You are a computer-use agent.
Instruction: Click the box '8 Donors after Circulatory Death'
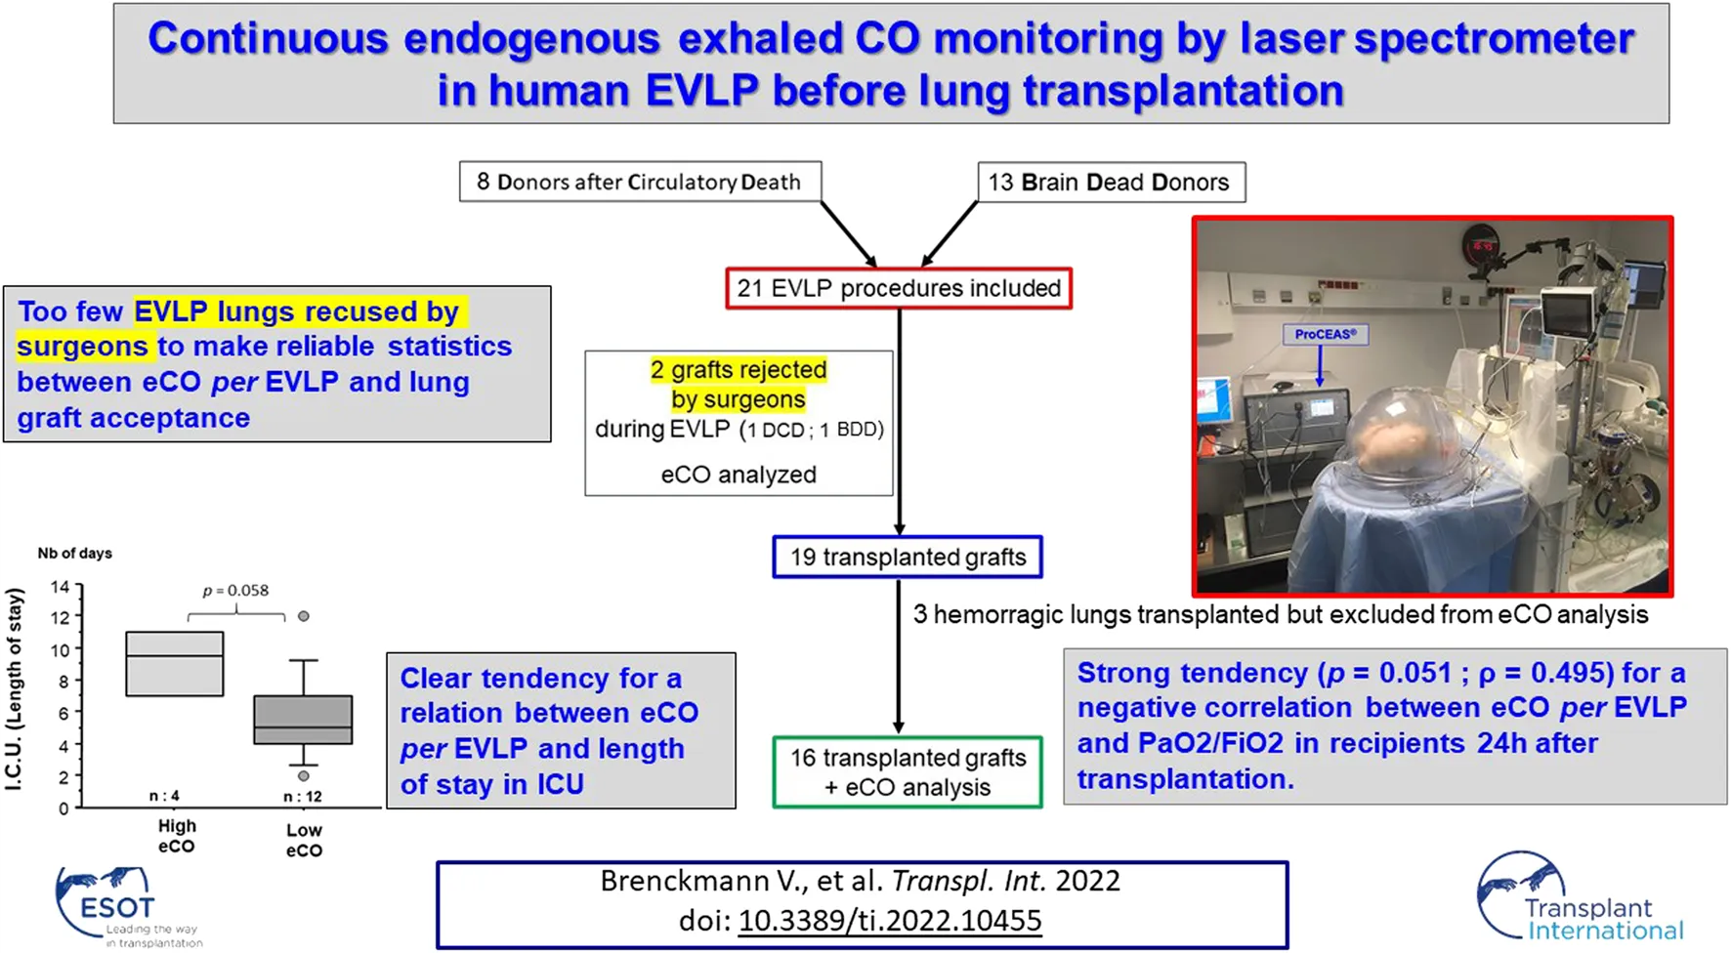point(640,183)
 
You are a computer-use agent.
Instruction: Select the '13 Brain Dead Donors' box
point(1111,183)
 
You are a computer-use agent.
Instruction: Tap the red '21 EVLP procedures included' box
point(899,289)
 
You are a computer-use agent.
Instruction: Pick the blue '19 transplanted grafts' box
point(908,558)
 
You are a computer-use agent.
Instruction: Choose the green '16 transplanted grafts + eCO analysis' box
point(908,772)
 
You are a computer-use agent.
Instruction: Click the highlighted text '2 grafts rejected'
point(739,370)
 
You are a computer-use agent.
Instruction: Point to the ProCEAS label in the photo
point(1325,334)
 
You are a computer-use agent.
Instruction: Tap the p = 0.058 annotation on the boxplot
point(235,591)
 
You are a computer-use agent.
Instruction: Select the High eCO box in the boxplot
point(175,664)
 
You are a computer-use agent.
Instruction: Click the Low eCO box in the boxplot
point(303,721)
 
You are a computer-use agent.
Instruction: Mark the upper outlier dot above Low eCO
point(304,616)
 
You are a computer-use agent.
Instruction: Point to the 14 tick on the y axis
point(61,587)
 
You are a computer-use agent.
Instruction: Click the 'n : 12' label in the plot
point(303,797)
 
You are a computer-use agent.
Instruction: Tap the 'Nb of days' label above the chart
point(75,554)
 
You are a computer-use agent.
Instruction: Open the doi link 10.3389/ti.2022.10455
point(890,921)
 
